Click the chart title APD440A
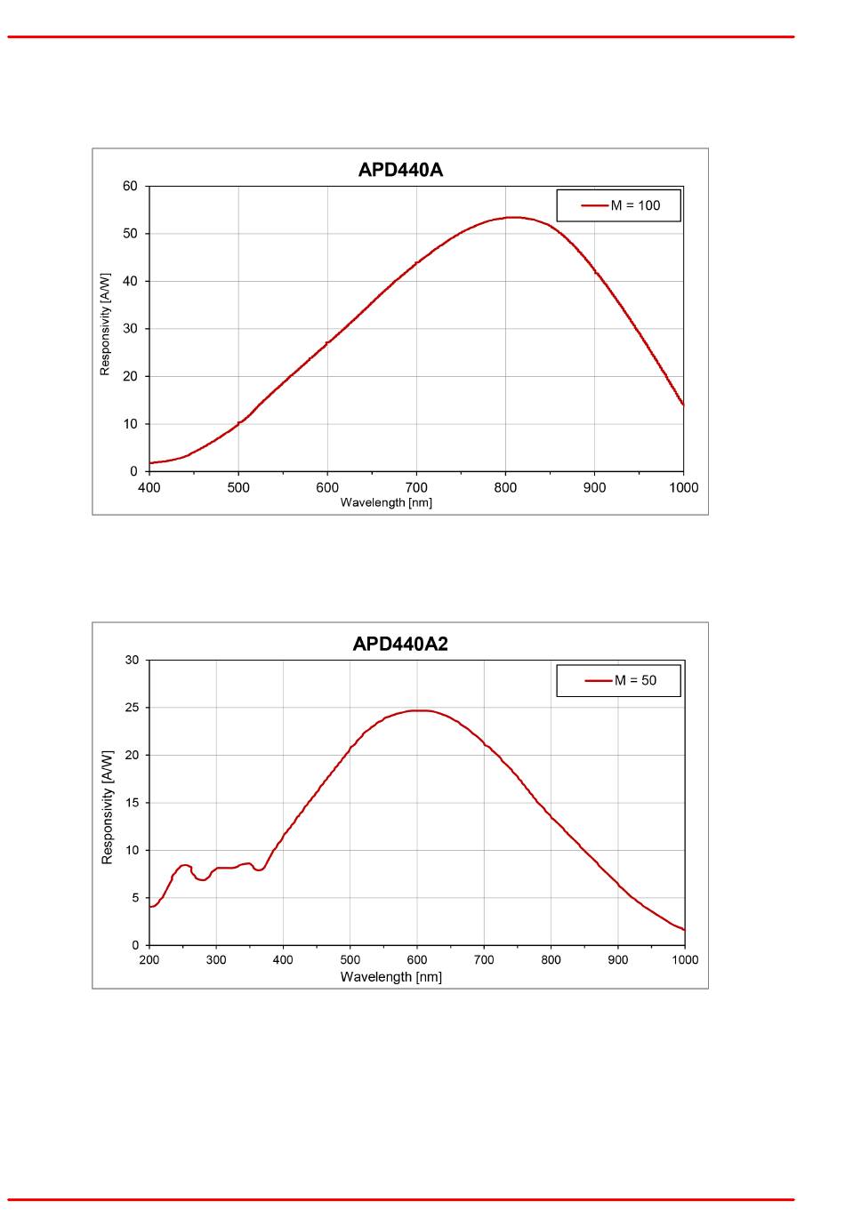(400, 170)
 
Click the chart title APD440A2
(400, 644)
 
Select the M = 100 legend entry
(634, 205)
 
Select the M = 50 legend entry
(634, 680)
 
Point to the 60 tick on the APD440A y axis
(131, 186)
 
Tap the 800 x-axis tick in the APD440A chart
(505, 487)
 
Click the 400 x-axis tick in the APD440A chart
(149, 487)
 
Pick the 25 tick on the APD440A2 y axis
(132, 708)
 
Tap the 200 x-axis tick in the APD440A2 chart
(149, 960)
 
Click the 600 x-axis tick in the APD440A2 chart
(417, 960)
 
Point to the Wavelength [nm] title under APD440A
(386, 502)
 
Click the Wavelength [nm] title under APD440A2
(391, 977)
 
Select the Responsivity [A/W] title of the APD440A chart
(105, 325)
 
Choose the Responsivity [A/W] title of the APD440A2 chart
(108, 807)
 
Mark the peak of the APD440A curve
(513, 217)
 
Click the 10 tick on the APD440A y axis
(131, 424)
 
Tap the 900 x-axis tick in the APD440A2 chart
(618, 960)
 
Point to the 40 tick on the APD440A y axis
(131, 281)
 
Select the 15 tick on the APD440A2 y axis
(132, 803)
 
